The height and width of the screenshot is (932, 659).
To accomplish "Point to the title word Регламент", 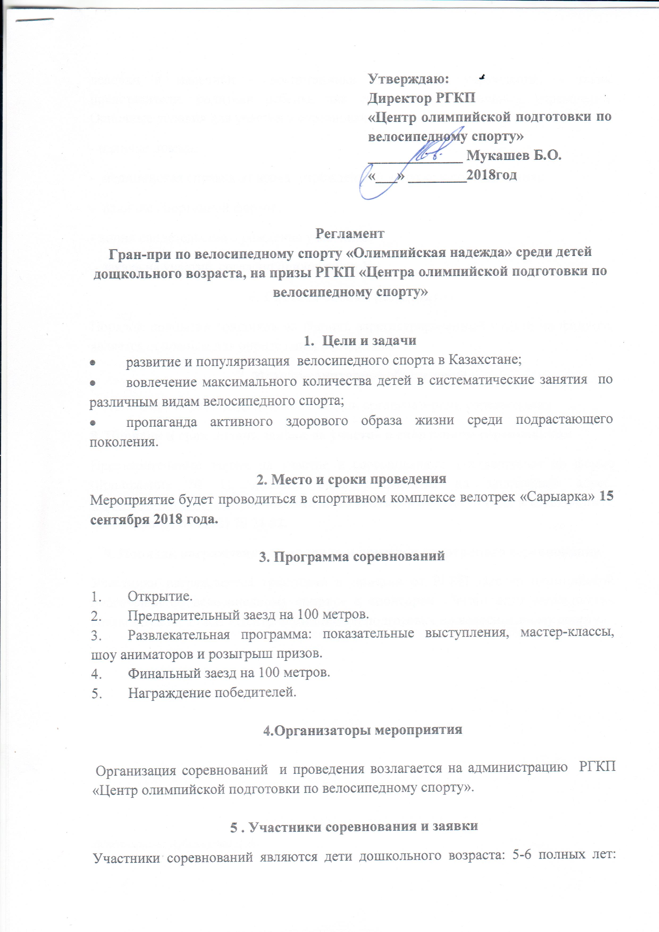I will (x=350, y=233).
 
